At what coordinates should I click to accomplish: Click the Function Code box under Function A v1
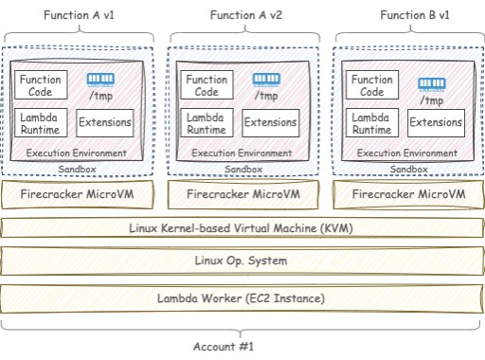pyautogui.click(x=41, y=85)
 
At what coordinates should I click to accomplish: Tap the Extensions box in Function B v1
pyautogui.click(x=436, y=122)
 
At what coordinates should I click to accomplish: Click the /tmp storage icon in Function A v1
pyautogui.click(x=99, y=80)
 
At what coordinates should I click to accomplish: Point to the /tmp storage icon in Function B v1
pyautogui.click(x=431, y=84)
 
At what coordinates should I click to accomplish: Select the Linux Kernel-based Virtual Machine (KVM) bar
pyautogui.click(x=241, y=227)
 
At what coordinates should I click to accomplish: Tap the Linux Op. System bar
pyautogui.click(x=241, y=261)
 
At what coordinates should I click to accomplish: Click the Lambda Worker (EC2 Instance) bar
pyautogui.click(x=241, y=298)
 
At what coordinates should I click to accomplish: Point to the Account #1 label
pyautogui.click(x=224, y=347)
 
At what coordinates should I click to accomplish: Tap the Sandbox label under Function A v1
pyautogui.click(x=78, y=170)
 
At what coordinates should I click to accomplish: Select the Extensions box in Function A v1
pyautogui.click(x=104, y=122)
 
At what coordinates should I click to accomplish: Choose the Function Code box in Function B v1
pyautogui.click(x=371, y=86)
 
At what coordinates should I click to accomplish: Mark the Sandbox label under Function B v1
pyautogui.click(x=408, y=170)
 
